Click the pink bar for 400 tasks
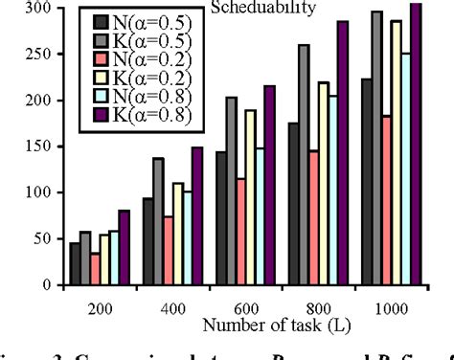click(x=168, y=251)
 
